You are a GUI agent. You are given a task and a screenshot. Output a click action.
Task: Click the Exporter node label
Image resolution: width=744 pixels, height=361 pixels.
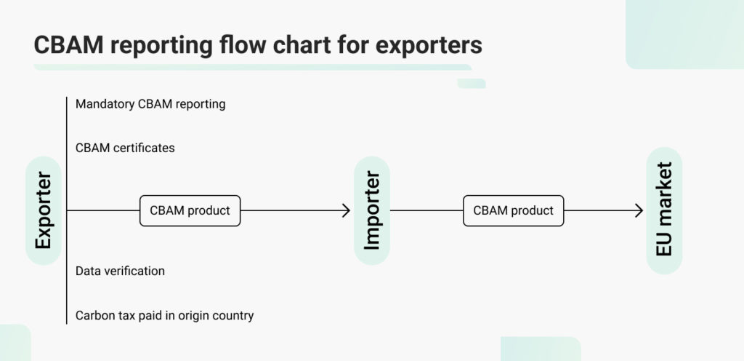(43, 211)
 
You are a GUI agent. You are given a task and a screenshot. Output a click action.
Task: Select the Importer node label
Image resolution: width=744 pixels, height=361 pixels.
(371, 211)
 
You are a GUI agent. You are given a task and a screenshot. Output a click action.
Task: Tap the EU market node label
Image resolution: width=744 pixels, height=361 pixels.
(664, 211)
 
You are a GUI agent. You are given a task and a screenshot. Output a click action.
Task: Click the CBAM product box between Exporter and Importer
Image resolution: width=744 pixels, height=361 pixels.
(190, 211)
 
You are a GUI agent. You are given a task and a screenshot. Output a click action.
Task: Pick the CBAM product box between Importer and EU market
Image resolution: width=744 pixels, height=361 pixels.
(513, 211)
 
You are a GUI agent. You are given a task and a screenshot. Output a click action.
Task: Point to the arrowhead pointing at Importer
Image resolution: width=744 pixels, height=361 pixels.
(347, 211)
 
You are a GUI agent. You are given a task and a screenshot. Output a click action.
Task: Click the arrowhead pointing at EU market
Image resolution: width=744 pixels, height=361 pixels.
(639, 211)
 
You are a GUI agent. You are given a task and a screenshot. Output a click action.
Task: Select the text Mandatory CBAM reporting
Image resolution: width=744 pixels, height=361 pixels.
(150, 104)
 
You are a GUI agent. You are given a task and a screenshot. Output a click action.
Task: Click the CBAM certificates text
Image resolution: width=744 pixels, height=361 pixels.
(125, 148)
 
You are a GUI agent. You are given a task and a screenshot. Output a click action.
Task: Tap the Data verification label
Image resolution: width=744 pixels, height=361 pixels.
(120, 271)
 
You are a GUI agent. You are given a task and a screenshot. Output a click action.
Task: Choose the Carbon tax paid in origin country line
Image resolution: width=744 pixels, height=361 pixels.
(164, 316)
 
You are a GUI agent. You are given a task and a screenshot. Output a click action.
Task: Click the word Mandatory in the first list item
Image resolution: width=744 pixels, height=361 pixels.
(105, 104)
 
